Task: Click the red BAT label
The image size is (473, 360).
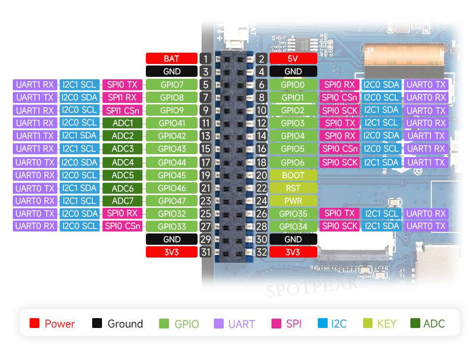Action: pos(171,59)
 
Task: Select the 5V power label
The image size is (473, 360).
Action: pos(293,59)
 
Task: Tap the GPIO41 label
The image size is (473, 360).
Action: pos(171,123)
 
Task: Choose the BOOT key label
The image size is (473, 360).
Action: pos(293,175)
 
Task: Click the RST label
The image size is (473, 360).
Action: pos(293,188)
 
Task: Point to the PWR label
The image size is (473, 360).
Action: pos(293,201)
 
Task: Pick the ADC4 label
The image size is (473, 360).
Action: pos(123,162)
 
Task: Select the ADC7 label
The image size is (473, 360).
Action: pos(123,201)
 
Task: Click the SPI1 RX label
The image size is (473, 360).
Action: pos(123,98)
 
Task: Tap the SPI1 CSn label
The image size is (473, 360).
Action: pos(123,110)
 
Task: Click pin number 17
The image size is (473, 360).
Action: pos(206,162)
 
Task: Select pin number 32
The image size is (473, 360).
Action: pos(261,252)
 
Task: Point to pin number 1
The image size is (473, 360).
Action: pos(206,59)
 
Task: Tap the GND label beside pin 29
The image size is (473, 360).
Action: pos(171,239)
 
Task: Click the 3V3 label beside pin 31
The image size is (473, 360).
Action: pos(171,252)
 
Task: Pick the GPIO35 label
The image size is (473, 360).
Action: pos(293,214)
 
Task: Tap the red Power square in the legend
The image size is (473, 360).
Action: pos(34,324)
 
